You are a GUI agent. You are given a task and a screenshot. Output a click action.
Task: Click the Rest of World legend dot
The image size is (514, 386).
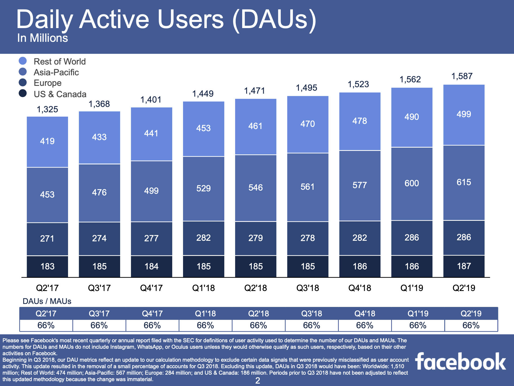(x=23, y=61)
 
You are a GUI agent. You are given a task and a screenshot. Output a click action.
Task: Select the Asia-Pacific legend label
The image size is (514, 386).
(x=56, y=72)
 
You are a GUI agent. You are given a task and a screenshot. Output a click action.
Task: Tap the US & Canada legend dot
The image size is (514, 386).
(x=23, y=93)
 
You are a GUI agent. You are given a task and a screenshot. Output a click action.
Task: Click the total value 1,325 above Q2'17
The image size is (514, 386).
(x=47, y=109)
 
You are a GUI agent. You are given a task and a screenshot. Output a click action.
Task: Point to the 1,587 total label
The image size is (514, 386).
(x=462, y=76)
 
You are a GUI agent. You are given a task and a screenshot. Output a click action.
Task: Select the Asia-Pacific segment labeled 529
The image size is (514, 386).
(x=204, y=189)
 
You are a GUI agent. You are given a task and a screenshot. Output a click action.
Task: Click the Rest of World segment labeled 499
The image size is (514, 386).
(x=464, y=115)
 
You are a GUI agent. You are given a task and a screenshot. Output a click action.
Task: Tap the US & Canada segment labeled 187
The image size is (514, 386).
(x=464, y=266)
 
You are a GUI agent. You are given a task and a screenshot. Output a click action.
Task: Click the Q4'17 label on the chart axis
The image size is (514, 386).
(x=151, y=288)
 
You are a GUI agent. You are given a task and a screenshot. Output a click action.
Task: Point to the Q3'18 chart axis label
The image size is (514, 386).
(x=308, y=288)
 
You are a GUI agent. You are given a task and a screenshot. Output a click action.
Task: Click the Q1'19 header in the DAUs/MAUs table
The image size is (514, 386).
(x=418, y=314)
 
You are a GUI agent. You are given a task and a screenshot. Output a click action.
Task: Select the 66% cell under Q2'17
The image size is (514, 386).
(x=46, y=326)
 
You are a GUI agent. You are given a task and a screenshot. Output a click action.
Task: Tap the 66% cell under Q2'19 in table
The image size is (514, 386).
(x=471, y=326)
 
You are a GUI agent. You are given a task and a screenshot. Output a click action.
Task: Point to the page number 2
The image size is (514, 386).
(x=258, y=381)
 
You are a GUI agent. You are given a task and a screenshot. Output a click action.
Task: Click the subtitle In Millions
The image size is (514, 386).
(x=42, y=38)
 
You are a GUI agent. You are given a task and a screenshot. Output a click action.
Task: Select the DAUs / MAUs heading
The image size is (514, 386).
(x=47, y=301)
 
